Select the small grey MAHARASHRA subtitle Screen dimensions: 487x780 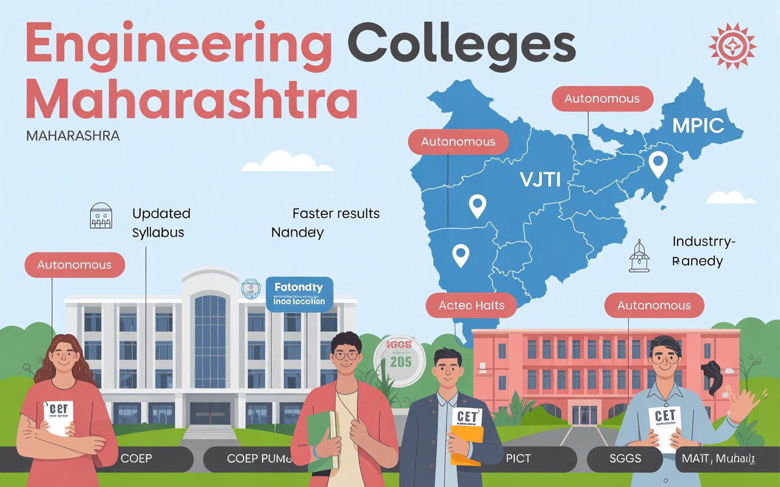[73, 135]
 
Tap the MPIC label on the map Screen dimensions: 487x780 [698, 125]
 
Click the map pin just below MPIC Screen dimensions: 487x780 [657, 163]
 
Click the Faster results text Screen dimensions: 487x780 [336, 214]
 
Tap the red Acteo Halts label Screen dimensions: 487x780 [472, 305]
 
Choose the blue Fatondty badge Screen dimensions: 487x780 [299, 293]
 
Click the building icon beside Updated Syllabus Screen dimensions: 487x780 [101, 216]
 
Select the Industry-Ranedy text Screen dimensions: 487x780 [703, 251]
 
